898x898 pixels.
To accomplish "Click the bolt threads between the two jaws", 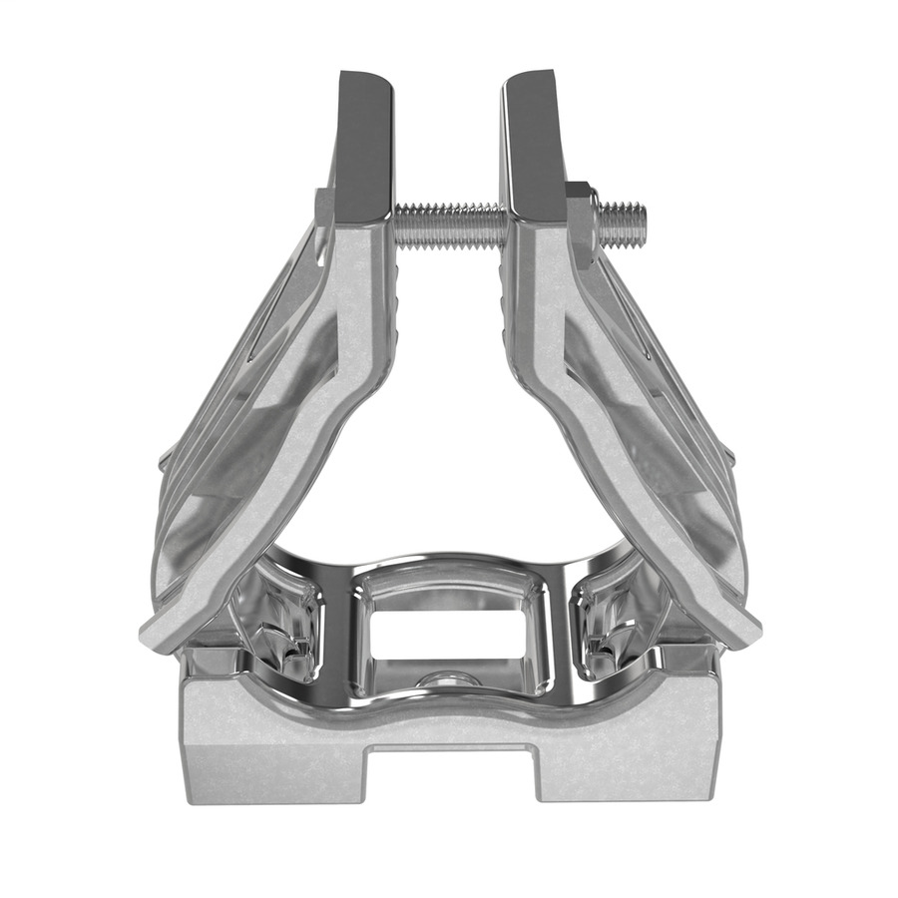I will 449,216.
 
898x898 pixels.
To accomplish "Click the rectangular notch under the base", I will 450,774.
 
